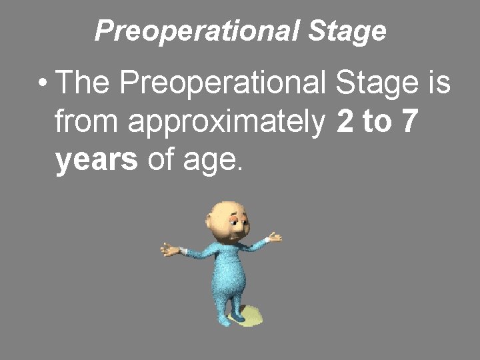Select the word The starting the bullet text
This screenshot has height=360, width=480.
pos(85,85)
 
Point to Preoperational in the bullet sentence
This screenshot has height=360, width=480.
pos(227,85)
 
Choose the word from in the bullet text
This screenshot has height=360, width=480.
pos(83,123)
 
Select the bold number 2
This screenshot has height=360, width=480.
pos(345,123)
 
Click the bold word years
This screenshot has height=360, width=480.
pos(97,161)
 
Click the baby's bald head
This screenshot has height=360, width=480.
pos(223,213)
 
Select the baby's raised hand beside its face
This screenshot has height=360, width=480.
pos(274,237)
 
